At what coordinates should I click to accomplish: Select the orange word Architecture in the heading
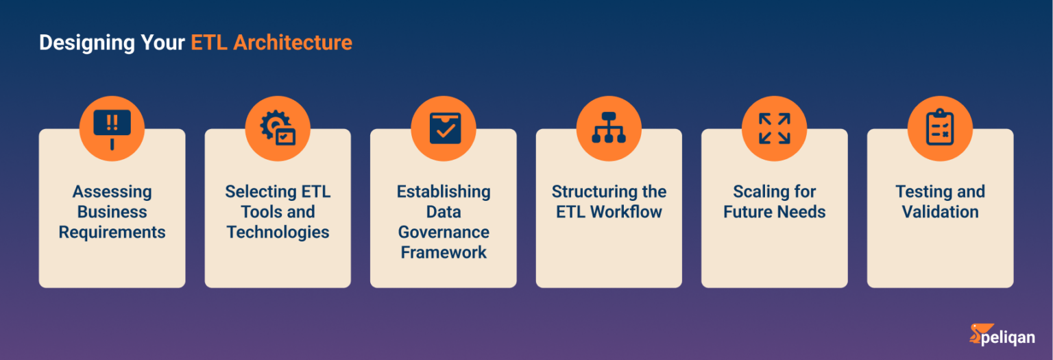click(x=293, y=43)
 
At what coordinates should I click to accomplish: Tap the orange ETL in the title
click(x=209, y=43)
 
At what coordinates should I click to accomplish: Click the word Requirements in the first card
click(x=112, y=232)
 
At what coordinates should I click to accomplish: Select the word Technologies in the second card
click(x=278, y=232)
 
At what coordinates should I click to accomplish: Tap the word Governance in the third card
click(x=444, y=232)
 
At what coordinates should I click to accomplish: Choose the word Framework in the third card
click(x=444, y=252)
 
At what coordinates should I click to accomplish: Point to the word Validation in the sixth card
click(x=940, y=212)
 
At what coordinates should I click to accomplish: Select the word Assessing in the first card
click(x=112, y=192)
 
